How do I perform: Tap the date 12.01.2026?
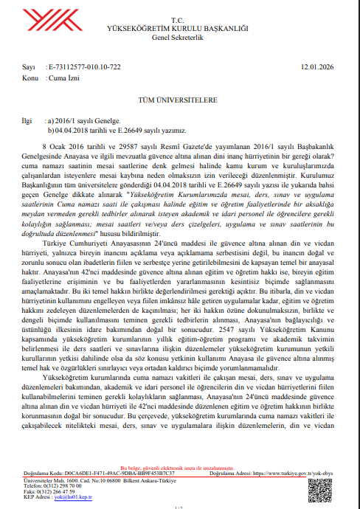318,67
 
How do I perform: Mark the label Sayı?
28,67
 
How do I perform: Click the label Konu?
30,77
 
